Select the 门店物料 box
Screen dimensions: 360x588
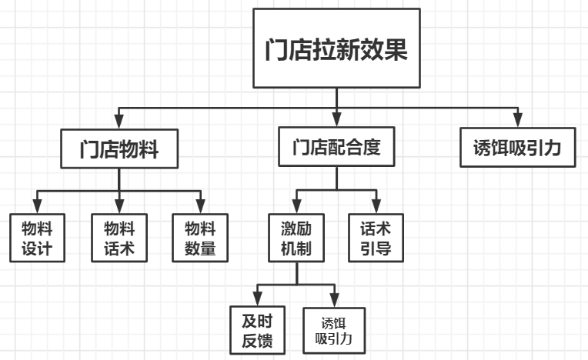(119, 148)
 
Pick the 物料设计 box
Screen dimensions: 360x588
(37, 238)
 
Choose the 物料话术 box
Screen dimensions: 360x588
(119, 238)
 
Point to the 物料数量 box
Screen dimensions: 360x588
(200, 238)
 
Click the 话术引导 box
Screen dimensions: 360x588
(376, 238)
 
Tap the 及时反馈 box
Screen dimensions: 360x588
(257, 328)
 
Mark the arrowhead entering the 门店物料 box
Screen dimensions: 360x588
(119, 122)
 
